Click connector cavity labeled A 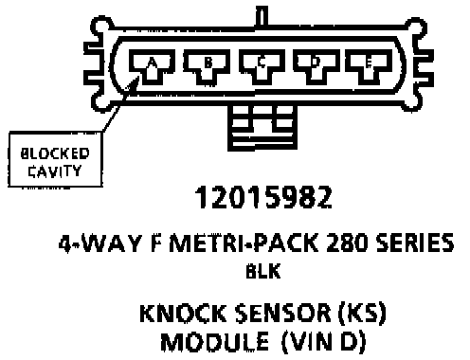[x=152, y=67]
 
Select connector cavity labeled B [x=207, y=67]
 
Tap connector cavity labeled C [x=262, y=67]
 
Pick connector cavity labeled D [x=316, y=67]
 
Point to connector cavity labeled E [x=369, y=67]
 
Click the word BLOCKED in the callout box [x=55, y=153]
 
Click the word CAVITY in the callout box [x=55, y=171]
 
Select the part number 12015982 [x=263, y=197]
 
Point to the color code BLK [x=263, y=271]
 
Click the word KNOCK [x=183, y=313]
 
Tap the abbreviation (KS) [x=362, y=313]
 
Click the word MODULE [x=215, y=342]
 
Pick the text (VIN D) [x=323, y=342]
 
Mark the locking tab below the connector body [x=262, y=127]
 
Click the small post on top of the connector [x=262, y=16]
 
